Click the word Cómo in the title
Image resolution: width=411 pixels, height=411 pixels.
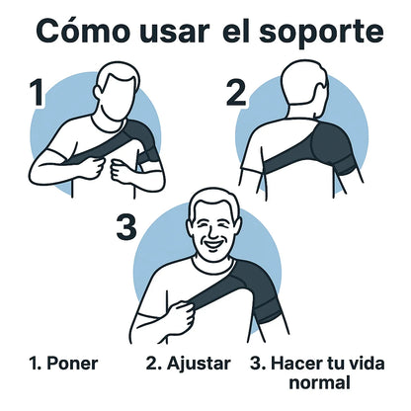83,31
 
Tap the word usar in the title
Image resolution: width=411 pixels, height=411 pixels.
175,33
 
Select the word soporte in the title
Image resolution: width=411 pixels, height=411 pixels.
322,34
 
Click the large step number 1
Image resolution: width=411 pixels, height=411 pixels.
38,93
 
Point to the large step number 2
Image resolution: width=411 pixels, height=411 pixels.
236,93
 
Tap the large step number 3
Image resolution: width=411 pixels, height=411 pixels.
126,227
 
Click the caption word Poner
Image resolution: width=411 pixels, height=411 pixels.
72,364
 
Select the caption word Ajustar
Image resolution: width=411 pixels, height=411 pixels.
199,365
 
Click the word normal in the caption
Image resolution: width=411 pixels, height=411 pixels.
319,383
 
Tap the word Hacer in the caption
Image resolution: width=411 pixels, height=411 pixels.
293,364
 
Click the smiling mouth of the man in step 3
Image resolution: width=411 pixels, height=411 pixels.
213,244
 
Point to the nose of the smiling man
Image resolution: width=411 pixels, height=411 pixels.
213,234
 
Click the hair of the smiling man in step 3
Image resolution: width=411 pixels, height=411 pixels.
215,201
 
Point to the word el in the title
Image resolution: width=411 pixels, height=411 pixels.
233,32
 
